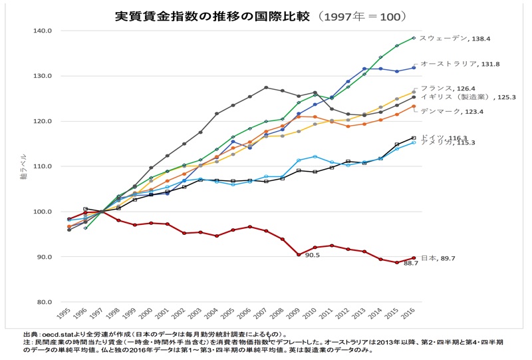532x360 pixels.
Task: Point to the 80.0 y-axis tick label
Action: (x=44, y=302)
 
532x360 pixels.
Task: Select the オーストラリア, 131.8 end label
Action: (x=460, y=64)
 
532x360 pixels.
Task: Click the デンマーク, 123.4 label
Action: (x=452, y=110)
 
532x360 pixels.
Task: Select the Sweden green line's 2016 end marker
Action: (x=414, y=38)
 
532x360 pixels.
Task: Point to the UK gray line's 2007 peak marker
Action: (x=266, y=87)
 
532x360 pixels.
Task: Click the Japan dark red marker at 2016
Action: (x=414, y=258)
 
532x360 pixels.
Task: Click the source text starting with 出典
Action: (x=153, y=334)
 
